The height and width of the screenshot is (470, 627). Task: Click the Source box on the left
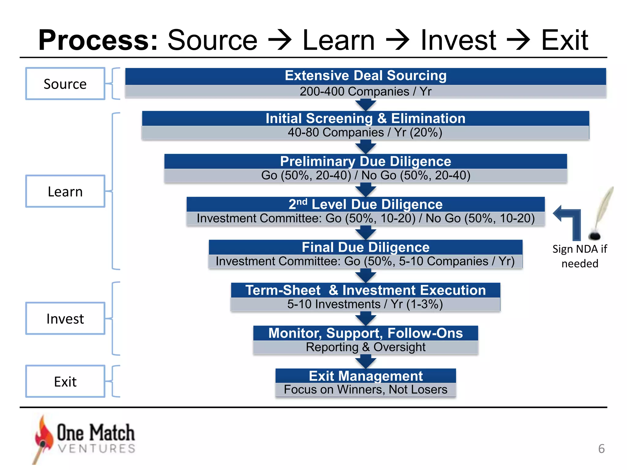point(65,84)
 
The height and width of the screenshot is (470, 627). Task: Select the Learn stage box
point(65,191)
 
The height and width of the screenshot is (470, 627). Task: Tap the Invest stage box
point(65,319)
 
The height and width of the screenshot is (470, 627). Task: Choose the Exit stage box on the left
point(65,381)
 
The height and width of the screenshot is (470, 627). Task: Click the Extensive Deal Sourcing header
point(366,76)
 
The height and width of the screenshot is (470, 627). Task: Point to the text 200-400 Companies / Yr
point(366,91)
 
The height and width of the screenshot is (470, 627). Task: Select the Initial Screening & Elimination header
point(366,118)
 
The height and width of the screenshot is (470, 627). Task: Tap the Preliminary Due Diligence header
point(366,161)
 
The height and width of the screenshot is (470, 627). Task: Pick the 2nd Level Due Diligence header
point(366,204)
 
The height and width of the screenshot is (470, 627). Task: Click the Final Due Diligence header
point(366,247)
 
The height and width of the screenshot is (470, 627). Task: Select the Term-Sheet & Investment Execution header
point(366,290)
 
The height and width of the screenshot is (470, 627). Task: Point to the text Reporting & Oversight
point(366,347)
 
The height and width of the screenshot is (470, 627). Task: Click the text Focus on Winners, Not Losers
point(366,390)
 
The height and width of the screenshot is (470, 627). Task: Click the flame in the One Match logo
point(43,435)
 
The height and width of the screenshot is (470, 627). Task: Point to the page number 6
point(601,449)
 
